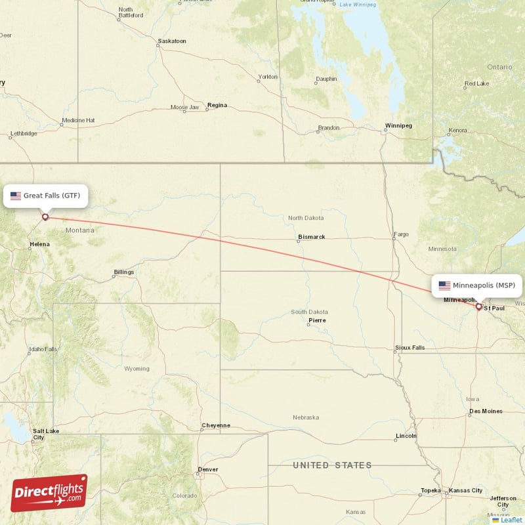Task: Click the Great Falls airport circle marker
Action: tap(45, 217)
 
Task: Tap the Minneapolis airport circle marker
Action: tap(478, 306)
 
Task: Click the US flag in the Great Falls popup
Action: tap(16, 196)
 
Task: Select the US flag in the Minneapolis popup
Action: tap(444, 285)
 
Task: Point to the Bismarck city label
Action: tap(312, 237)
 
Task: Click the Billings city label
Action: tap(123, 272)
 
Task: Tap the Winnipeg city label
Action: tap(398, 125)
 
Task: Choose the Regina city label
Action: tap(217, 105)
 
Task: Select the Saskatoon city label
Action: tap(172, 41)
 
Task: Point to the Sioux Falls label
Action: tap(409, 347)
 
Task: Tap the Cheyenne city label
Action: tap(216, 425)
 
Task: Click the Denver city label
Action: tap(208, 469)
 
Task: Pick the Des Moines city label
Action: tap(486, 411)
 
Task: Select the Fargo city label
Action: tap(400, 234)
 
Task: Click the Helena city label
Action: tap(39, 245)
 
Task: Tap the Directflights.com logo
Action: tap(49, 493)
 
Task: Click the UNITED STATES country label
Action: tap(332, 465)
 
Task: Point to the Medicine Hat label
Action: tap(78, 121)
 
